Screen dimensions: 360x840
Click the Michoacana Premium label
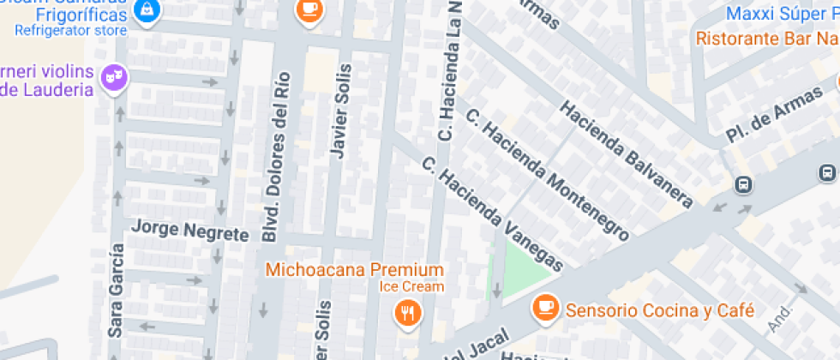click(x=354, y=269)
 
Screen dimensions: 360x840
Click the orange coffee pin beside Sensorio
click(x=545, y=306)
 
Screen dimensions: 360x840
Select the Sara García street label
click(x=117, y=290)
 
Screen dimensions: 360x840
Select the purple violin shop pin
click(x=112, y=78)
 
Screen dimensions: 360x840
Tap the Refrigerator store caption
click(x=70, y=31)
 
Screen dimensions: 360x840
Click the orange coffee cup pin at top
click(x=306, y=9)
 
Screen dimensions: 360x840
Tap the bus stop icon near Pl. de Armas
click(x=743, y=184)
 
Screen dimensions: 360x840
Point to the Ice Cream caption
click(x=412, y=286)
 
